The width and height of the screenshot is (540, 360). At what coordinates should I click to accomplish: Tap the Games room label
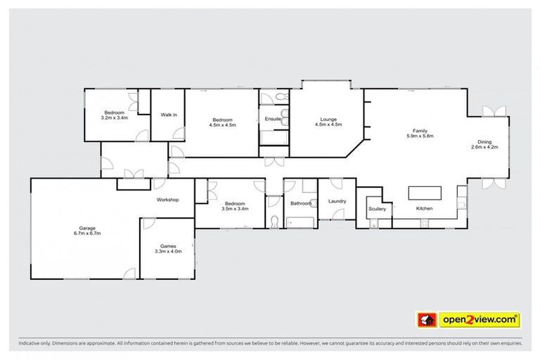click(167, 245)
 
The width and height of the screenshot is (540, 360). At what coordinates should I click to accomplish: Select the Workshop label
click(167, 200)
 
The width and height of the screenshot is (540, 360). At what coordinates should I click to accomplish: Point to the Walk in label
click(169, 114)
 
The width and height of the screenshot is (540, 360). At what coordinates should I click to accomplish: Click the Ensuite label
click(273, 120)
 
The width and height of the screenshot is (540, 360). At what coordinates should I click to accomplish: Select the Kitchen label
click(424, 209)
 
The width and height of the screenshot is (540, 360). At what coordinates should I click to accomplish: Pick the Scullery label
click(377, 209)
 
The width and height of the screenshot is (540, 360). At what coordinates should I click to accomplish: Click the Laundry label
click(336, 202)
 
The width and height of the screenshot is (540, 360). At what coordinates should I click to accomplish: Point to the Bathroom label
click(301, 203)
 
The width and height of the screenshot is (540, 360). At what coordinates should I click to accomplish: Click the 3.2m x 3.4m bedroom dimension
click(115, 118)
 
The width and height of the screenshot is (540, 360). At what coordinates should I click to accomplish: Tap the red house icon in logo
click(425, 320)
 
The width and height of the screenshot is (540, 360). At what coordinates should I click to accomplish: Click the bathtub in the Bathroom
click(300, 222)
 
